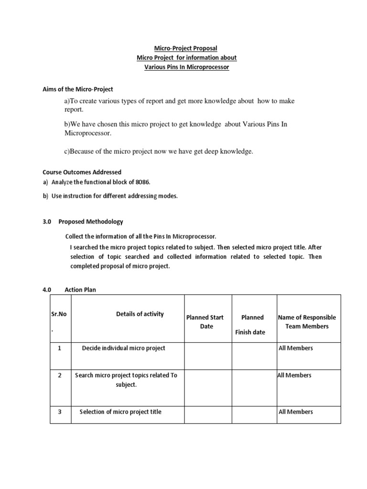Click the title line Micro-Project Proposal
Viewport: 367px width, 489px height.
185,48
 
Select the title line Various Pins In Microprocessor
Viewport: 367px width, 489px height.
187,67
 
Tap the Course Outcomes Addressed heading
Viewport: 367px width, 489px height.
82,172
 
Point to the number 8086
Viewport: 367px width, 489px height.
147,182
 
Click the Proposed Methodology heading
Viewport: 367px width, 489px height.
91,222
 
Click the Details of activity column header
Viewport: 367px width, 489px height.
140,314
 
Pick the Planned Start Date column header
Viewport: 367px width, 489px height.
205,322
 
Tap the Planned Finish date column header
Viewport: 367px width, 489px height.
252,324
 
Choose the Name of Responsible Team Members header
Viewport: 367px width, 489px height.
307,322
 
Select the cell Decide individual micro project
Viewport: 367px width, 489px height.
123,348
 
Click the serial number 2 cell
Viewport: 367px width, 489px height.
60,375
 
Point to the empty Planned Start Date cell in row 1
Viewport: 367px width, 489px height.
208,356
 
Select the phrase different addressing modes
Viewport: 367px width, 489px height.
143,196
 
